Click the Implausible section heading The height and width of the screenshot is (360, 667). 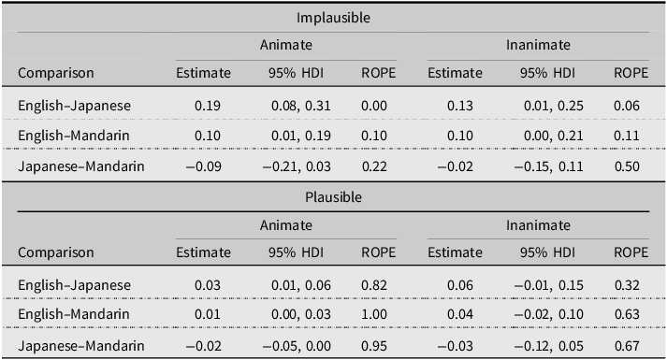333,18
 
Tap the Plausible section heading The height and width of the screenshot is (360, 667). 333,197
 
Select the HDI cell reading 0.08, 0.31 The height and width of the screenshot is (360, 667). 300,106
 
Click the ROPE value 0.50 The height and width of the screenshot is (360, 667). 627,166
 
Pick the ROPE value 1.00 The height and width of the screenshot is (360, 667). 374,314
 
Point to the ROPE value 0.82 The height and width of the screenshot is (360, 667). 374,285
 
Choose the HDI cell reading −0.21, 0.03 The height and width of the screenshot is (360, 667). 297,166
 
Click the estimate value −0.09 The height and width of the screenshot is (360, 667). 204,166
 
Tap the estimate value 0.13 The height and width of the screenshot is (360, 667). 460,106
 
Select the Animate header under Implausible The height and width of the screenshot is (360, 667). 286,45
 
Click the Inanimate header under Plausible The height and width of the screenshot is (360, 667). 538,225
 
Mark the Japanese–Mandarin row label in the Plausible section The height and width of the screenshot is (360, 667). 81,346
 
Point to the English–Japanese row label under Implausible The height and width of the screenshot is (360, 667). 75,106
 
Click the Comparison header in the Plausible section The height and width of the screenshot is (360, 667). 56,252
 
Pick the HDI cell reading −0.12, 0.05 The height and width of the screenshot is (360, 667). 548,346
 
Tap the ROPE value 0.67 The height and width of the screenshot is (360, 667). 627,346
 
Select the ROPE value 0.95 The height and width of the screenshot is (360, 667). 374,346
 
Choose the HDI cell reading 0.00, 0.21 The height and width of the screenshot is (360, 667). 553,136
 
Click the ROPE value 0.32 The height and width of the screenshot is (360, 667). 627,285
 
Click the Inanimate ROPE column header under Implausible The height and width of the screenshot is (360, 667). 631,73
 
